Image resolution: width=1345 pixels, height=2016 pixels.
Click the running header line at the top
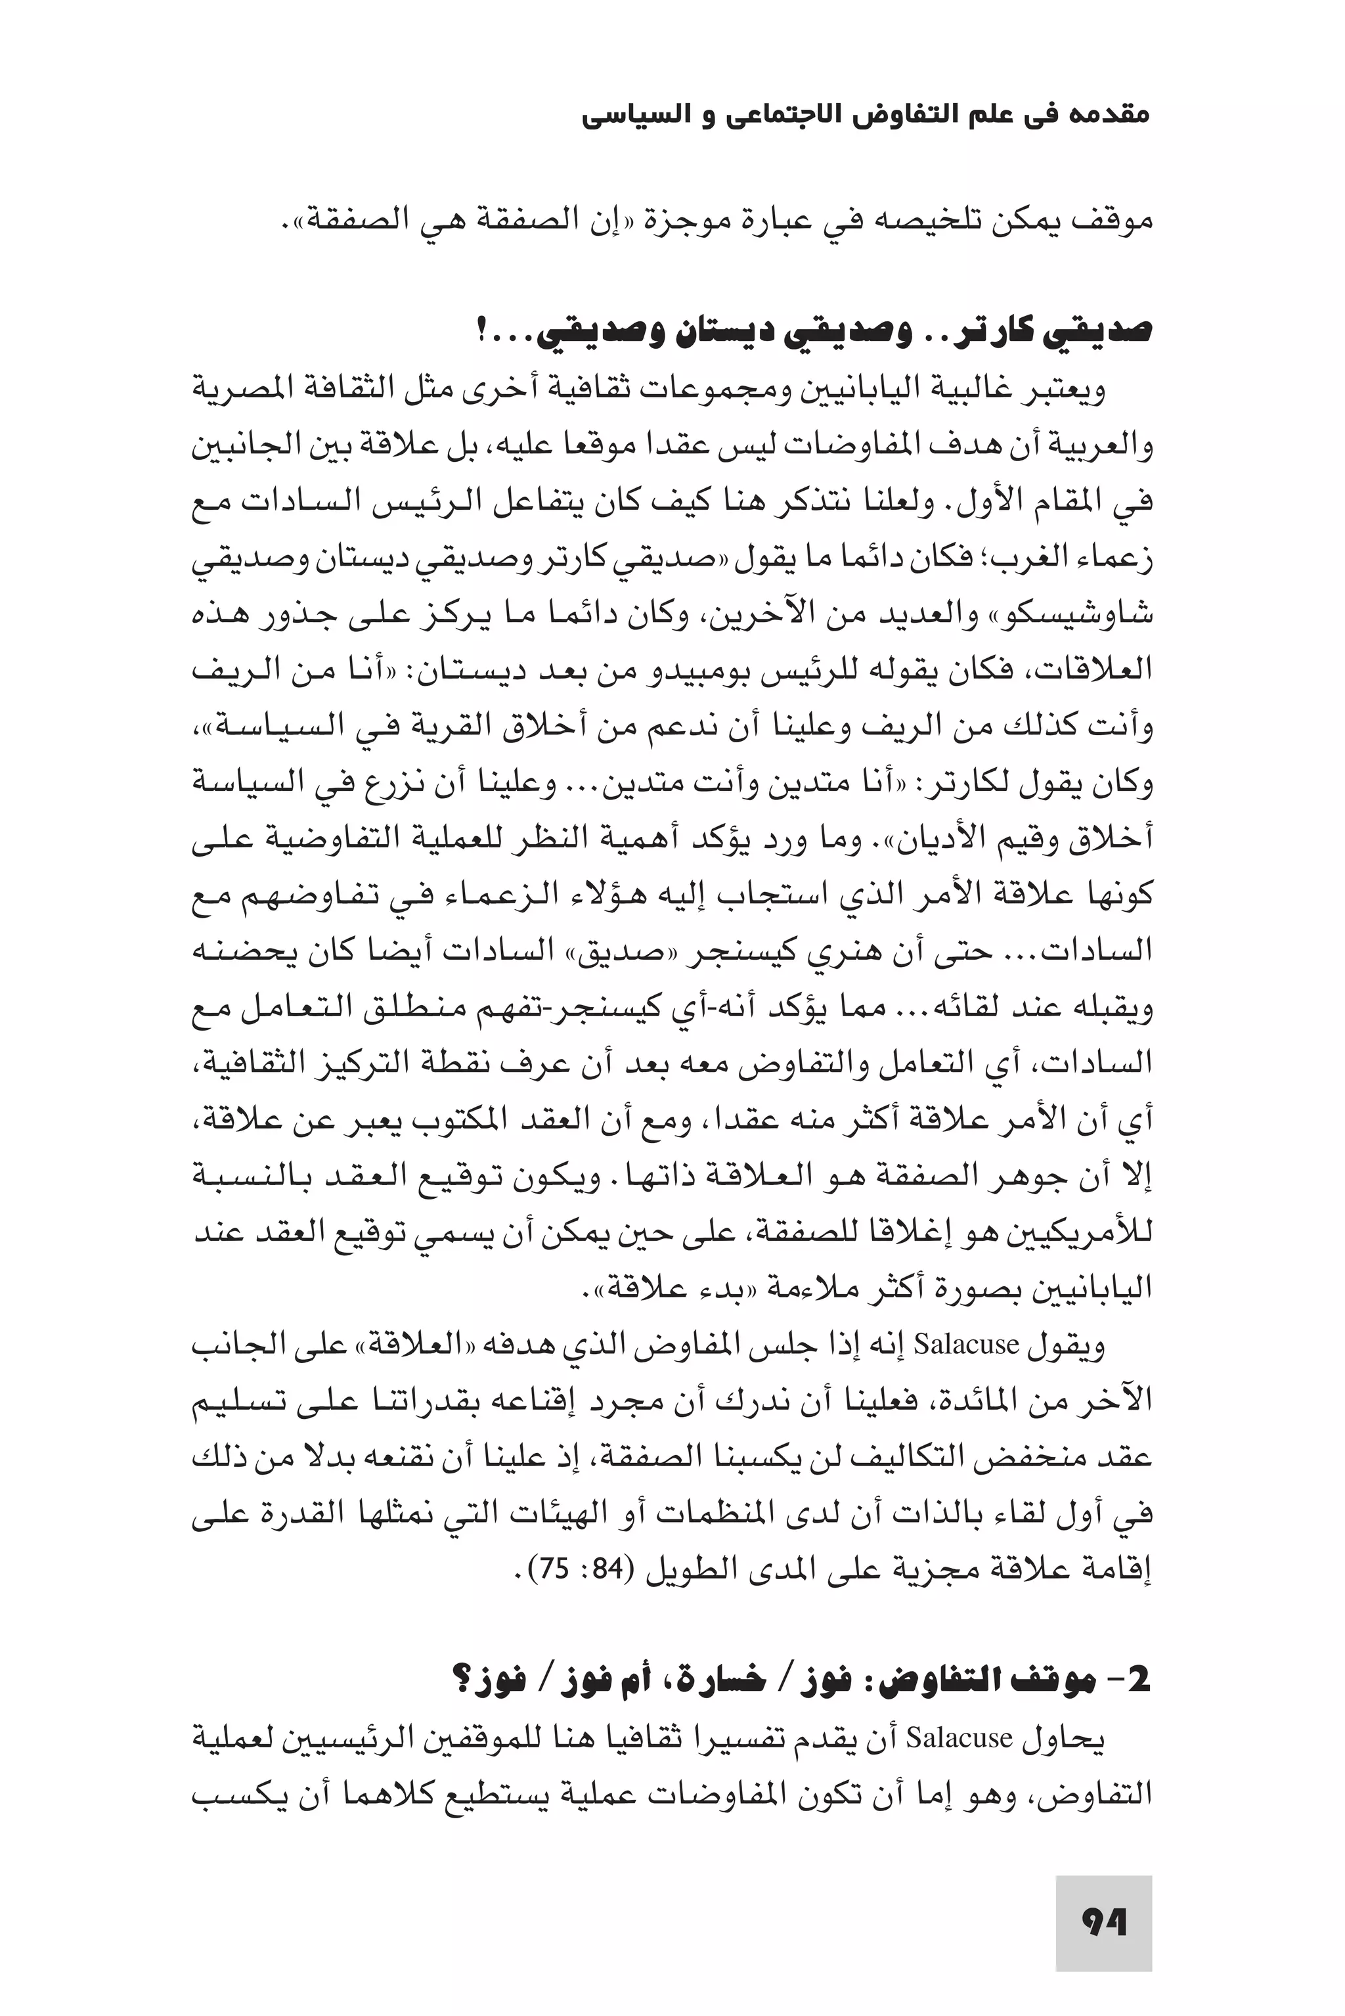tap(865, 115)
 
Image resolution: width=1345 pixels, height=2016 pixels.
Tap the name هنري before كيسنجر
tap(812, 951)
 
